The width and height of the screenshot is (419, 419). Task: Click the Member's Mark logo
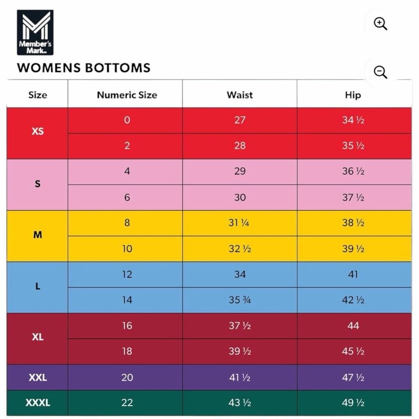pos(35,33)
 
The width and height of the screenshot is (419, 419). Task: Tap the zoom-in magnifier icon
pos(380,24)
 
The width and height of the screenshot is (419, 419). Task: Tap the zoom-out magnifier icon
pos(380,72)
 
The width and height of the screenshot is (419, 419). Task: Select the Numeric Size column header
pos(127,95)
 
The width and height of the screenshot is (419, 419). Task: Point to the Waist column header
pos(240,95)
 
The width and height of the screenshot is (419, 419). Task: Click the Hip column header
pos(353,95)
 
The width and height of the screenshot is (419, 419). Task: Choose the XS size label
pos(38,131)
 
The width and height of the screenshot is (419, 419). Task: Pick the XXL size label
pos(38,378)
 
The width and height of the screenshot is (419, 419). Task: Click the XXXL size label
pos(38,402)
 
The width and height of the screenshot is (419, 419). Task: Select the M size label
pos(38,235)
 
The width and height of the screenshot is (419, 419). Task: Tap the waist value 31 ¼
pos(239,222)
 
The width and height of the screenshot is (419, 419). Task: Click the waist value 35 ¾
pos(239,300)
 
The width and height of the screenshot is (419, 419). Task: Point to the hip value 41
pos(353,274)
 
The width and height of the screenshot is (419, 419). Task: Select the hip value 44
pos(353,326)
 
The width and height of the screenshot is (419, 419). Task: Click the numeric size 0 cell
pos(127,120)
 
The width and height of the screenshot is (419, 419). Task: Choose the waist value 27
pos(240,120)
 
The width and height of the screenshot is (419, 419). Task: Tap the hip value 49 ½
pos(353,402)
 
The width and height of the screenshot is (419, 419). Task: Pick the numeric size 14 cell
pos(127,300)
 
